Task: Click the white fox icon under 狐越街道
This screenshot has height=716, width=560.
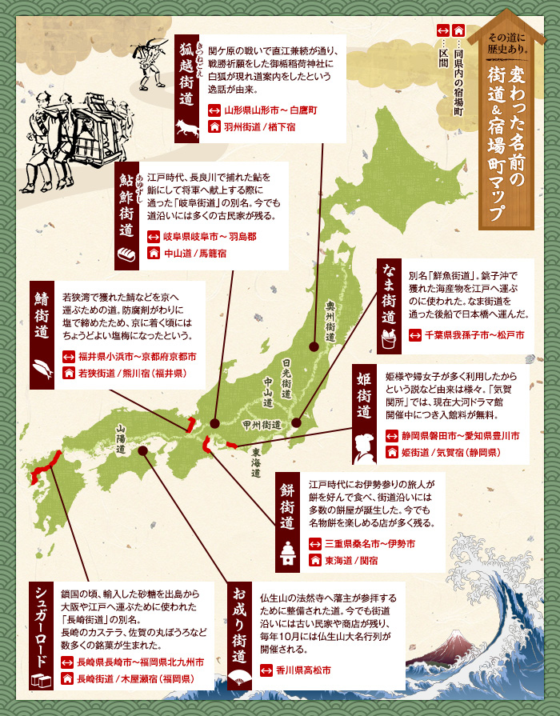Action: click(x=189, y=126)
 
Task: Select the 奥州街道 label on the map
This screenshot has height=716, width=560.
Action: click(x=330, y=318)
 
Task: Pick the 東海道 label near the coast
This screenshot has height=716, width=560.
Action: click(x=254, y=462)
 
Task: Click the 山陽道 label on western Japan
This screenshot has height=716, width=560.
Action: click(x=120, y=439)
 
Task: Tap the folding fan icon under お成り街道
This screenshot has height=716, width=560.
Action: click(x=238, y=678)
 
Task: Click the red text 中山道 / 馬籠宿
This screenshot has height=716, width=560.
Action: click(x=195, y=254)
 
